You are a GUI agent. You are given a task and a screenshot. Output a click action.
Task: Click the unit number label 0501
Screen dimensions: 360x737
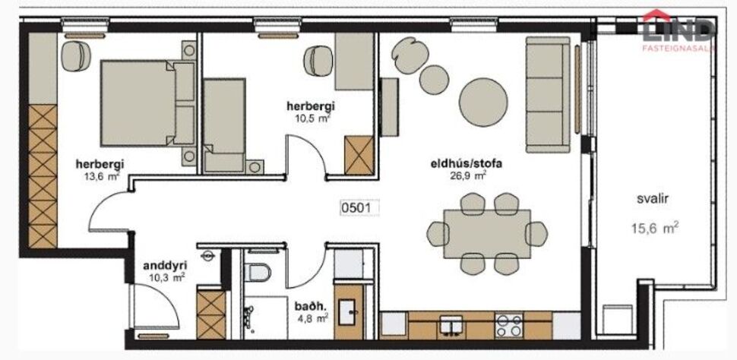coord(358,207)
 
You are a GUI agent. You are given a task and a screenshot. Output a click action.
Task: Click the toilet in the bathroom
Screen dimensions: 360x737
coord(258,275)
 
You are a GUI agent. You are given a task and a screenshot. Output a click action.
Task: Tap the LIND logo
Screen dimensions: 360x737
coord(678,28)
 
